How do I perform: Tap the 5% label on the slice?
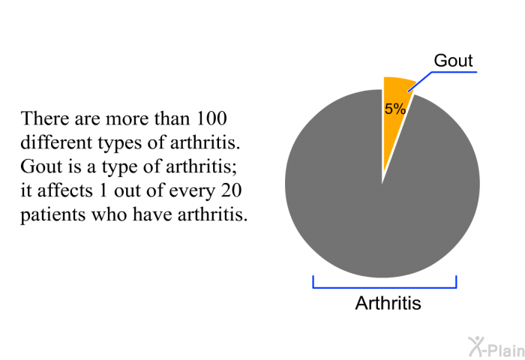(395, 109)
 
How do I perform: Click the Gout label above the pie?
(453, 61)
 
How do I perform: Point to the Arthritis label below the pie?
(388, 303)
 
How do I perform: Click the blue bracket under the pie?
(384, 287)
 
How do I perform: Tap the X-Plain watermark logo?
(496, 347)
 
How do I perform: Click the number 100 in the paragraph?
(211, 118)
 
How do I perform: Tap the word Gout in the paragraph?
(41, 166)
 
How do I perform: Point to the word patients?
(53, 215)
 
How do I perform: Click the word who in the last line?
(109, 215)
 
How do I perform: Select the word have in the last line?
(153, 215)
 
